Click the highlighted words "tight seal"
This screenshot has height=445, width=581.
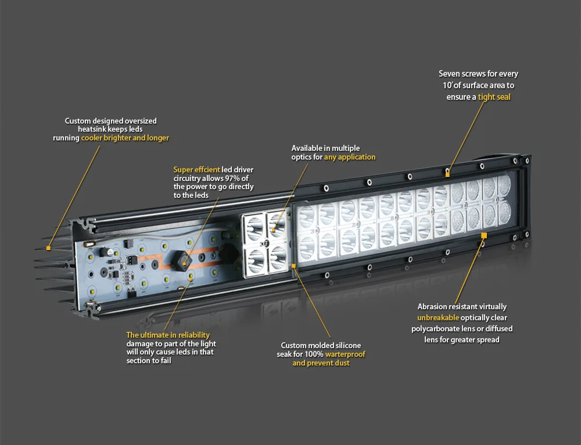[x=494, y=97]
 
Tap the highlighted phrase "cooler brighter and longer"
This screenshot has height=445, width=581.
[x=125, y=138]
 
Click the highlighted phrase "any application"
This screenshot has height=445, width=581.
[x=349, y=157]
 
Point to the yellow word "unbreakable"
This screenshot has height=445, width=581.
[x=438, y=317]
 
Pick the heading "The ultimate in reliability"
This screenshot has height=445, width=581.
[x=168, y=335]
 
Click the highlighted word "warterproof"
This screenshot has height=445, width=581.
[x=345, y=354]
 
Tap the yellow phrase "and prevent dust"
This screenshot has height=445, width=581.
[x=321, y=363]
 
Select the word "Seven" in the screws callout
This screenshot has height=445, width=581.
[x=450, y=74]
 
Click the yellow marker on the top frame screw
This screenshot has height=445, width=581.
[x=447, y=172]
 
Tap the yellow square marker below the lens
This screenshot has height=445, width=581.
[x=483, y=235]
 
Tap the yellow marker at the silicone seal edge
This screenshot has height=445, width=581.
[x=294, y=266]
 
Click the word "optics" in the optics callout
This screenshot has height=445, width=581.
[x=302, y=157]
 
